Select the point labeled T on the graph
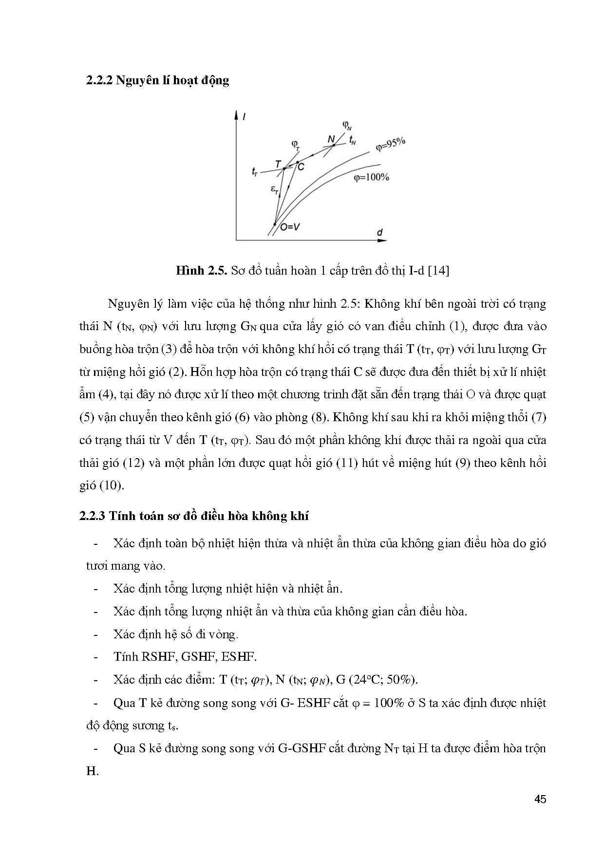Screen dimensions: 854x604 (284, 168)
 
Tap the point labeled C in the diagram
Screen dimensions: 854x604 (297, 162)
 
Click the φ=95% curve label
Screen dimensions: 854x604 (391, 145)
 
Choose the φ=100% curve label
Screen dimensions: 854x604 (372, 178)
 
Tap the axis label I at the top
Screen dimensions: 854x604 (243, 116)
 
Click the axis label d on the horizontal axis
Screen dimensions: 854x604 (379, 232)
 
